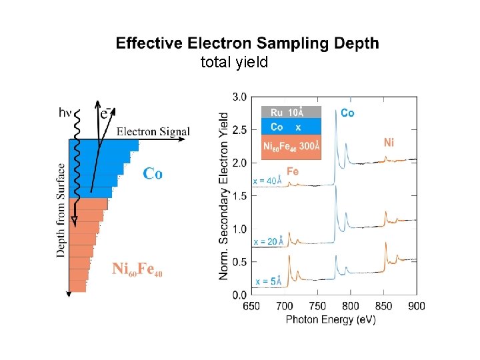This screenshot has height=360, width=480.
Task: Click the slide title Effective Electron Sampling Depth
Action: pyautogui.click(x=247, y=44)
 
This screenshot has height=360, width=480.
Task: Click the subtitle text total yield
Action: pyautogui.click(x=234, y=63)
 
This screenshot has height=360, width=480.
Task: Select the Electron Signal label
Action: pyautogui.click(x=153, y=131)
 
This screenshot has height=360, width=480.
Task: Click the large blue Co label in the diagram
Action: pyautogui.click(x=153, y=173)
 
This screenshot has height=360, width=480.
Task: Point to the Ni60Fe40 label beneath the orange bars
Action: pyautogui.click(x=137, y=269)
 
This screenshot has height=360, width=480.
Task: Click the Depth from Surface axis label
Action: pyautogui.click(x=61, y=210)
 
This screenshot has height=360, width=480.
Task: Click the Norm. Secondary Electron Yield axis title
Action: pyautogui.click(x=224, y=195)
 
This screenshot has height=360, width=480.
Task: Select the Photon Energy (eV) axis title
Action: pyautogui.click(x=331, y=320)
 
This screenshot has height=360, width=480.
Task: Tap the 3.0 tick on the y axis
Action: pyautogui.click(x=239, y=97)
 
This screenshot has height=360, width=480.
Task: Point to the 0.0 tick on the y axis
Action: pyautogui.click(x=239, y=295)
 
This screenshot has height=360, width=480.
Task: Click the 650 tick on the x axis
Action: pyautogui.click(x=251, y=306)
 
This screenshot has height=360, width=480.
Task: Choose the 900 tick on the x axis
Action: pyautogui.click(x=417, y=306)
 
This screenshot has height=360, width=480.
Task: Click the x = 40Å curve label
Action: pyautogui.click(x=267, y=181)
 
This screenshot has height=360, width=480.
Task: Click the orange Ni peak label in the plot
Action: pyautogui.click(x=389, y=142)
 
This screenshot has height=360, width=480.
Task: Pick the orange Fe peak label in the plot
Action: pyautogui.click(x=292, y=171)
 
